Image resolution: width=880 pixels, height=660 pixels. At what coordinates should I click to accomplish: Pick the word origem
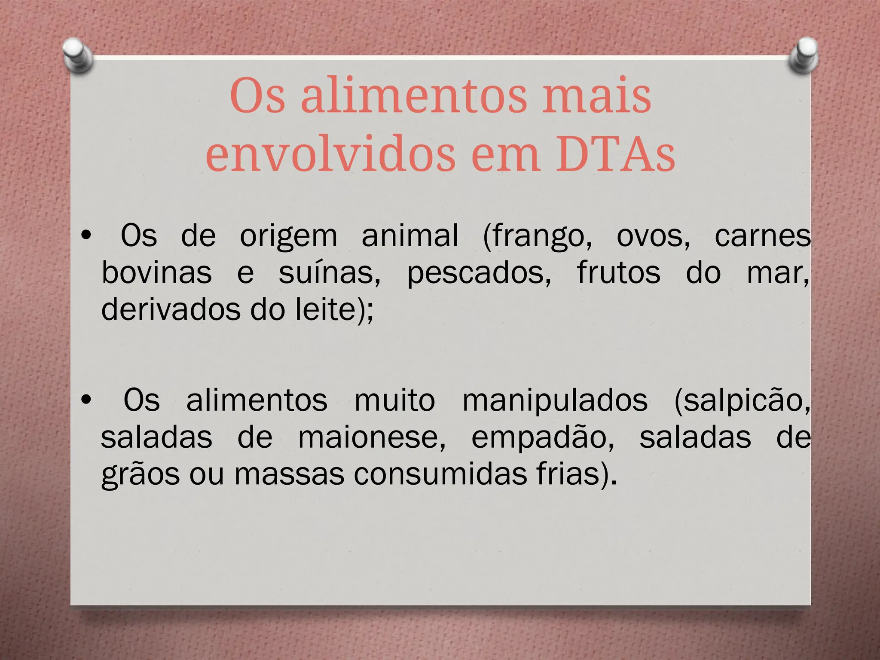pos(288,237)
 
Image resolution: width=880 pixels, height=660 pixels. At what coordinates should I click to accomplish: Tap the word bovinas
pos(157,273)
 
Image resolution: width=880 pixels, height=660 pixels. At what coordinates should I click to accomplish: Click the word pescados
pos(479,274)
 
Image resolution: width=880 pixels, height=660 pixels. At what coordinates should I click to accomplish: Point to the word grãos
pos(141,475)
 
